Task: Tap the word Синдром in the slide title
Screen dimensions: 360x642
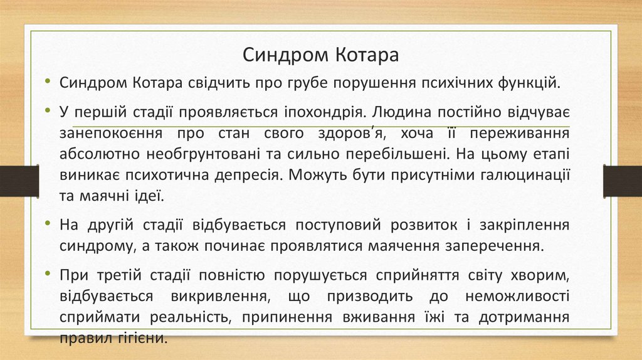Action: point(280,55)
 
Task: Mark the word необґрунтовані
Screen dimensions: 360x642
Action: point(203,154)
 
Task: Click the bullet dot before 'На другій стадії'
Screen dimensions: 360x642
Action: point(49,225)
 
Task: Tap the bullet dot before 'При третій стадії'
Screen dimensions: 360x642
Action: point(49,275)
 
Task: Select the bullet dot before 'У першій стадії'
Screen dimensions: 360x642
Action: point(49,112)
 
